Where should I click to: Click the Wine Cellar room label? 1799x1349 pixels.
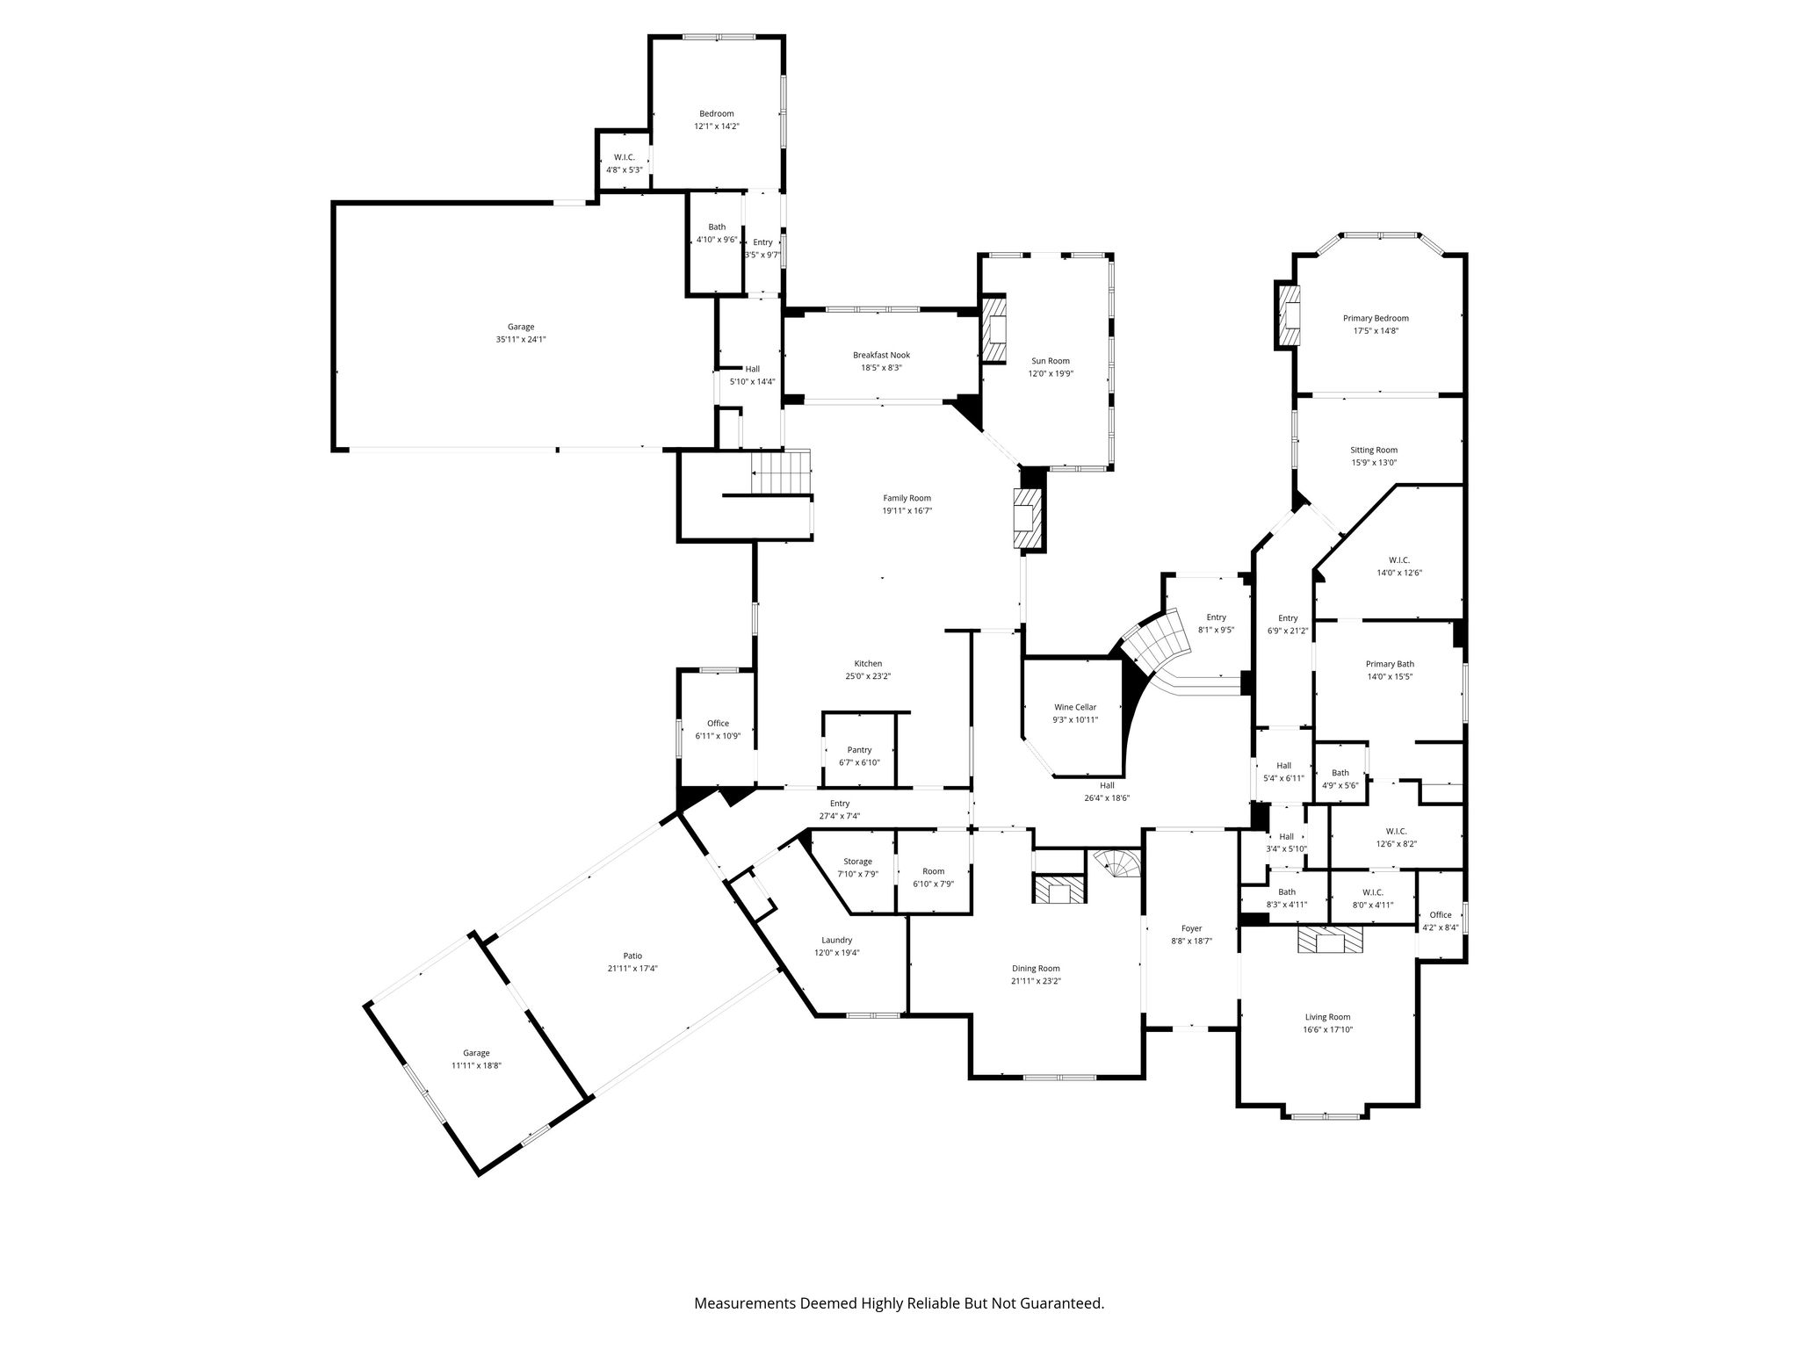click(1075, 707)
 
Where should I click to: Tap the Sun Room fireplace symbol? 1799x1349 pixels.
click(993, 329)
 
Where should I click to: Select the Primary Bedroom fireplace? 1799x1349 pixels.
click(1288, 315)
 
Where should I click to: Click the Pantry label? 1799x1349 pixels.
click(859, 750)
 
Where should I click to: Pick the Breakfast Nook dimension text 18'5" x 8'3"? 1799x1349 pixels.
click(881, 368)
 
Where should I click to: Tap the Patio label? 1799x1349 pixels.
click(632, 956)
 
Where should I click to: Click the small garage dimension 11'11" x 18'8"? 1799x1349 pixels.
click(476, 1065)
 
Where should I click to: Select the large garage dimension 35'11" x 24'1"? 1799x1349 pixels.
click(521, 339)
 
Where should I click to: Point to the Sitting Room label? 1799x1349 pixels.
click(1374, 450)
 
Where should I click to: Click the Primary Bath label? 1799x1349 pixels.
click(1390, 664)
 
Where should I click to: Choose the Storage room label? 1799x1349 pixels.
click(857, 862)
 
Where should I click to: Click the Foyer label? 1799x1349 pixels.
click(1191, 928)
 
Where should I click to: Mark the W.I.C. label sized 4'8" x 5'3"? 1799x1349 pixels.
click(625, 157)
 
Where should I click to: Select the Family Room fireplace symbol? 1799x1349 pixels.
click(1025, 519)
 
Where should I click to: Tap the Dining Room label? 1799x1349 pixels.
click(1036, 969)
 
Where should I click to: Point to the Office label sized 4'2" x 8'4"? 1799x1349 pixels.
click(1441, 914)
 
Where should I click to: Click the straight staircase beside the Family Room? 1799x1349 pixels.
click(780, 473)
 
